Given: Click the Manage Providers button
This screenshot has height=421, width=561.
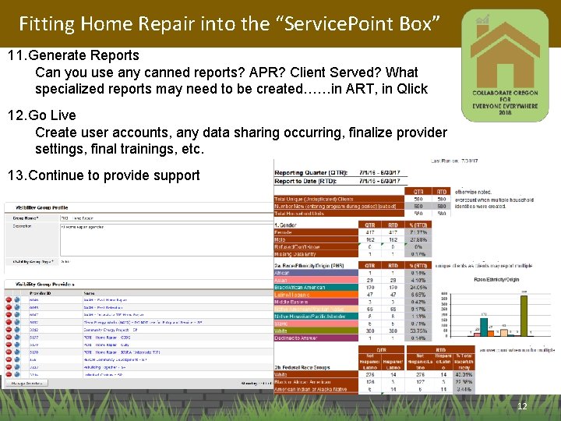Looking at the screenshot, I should point(28,383).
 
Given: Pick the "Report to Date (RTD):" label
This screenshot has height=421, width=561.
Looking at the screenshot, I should point(304,181).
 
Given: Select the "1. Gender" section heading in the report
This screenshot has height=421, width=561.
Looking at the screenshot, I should point(288,225).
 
